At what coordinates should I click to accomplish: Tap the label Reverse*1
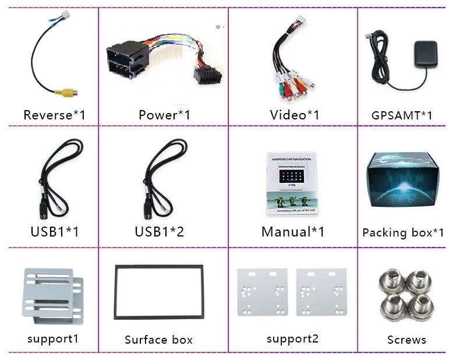pyautogui.click(x=54, y=115)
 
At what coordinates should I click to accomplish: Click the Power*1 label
pyautogui.click(x=164, y=115)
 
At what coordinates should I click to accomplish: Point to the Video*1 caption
pyautogui.click(x=295, y=115)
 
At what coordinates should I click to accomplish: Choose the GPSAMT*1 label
pyautogui.click(x=402, y=115)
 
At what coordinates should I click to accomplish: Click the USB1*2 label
pyautogui.click(x=159, y=231)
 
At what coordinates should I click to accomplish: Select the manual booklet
pyautogui.click(x=291, y=183)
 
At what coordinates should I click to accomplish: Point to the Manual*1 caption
pyautogui.click(x=293, y=231)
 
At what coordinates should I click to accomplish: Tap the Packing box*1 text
pyautogui.click(x=403, y=232)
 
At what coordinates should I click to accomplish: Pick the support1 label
pyautogui.click(x=52, y=338)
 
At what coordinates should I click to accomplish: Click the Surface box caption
pyautogui.click(x=158, y=340)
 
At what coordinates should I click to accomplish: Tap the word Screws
pyautogui.click(x=406, y=340)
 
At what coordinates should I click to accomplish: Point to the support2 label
pyautogui.click(x=292, y=338)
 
